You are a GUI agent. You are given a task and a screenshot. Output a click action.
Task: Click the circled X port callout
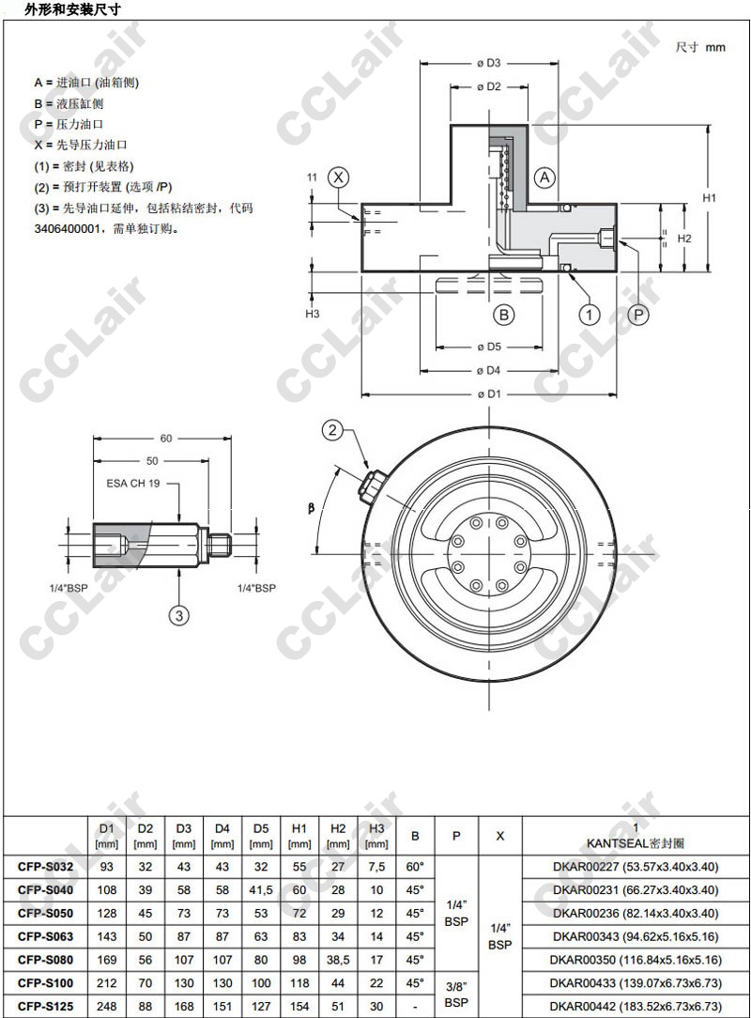[338, 177]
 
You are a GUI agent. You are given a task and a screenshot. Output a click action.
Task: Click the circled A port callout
[544, 177]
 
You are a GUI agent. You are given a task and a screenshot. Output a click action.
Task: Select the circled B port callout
[504, 315]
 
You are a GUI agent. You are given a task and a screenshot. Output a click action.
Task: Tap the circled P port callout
[638, 315]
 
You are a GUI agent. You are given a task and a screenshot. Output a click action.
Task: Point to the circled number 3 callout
[179, 615]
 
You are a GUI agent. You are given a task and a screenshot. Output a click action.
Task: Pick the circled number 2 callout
[333, 430]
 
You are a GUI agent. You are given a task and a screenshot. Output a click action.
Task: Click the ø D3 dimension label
[489, 63]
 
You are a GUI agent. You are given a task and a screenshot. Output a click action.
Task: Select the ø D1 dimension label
[489, 394]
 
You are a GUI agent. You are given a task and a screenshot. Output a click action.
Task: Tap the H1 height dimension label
[709, 198]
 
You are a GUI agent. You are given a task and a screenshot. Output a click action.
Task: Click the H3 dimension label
[313, 315]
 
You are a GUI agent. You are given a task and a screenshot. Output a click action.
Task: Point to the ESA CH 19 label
[133, 483]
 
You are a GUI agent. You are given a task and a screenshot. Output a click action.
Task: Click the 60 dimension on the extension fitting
[166, 439]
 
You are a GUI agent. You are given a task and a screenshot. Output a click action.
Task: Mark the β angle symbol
[311, 508]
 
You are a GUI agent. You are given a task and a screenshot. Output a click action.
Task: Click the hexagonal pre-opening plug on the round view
[372, 484]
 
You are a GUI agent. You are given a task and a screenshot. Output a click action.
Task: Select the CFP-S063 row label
[45, 936]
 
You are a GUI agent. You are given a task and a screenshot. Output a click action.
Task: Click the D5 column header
[261, 836]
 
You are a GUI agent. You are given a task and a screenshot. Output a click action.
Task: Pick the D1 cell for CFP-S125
[106, 1007]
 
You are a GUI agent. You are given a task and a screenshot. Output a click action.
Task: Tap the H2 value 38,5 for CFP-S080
[338, 960]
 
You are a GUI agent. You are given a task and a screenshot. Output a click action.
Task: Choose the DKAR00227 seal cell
[636, 867]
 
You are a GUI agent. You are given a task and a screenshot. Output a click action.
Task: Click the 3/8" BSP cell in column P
[456, 995]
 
